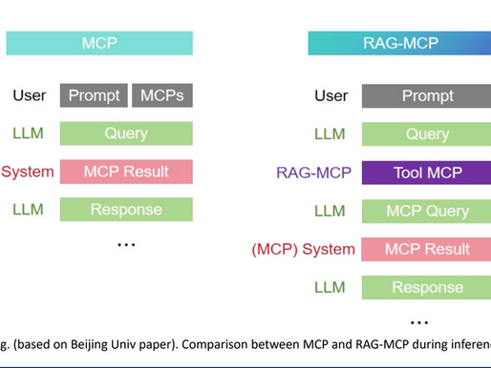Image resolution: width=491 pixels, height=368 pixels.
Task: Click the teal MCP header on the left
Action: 99,43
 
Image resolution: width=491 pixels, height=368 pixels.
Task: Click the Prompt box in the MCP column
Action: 94,95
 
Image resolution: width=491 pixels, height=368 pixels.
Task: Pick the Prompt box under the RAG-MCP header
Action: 427,95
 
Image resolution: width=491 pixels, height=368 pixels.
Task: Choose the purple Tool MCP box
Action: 427,173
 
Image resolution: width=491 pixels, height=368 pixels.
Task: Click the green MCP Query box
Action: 427,211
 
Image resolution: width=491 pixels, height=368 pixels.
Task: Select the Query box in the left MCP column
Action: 126,133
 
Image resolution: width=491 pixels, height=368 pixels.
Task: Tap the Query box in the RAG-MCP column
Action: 427,133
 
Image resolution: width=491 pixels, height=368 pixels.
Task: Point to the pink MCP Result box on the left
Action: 126,172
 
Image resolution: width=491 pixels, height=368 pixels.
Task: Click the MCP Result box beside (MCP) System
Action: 427,249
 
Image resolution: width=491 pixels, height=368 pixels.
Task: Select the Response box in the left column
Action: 126,210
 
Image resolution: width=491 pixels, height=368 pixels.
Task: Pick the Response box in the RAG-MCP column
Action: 427,287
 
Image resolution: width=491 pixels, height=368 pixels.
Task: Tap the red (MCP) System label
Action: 303,249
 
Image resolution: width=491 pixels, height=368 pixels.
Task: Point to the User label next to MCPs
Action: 29,95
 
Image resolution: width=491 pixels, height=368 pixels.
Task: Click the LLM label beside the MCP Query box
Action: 331,211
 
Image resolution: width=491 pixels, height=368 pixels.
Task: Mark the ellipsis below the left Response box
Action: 125,245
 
